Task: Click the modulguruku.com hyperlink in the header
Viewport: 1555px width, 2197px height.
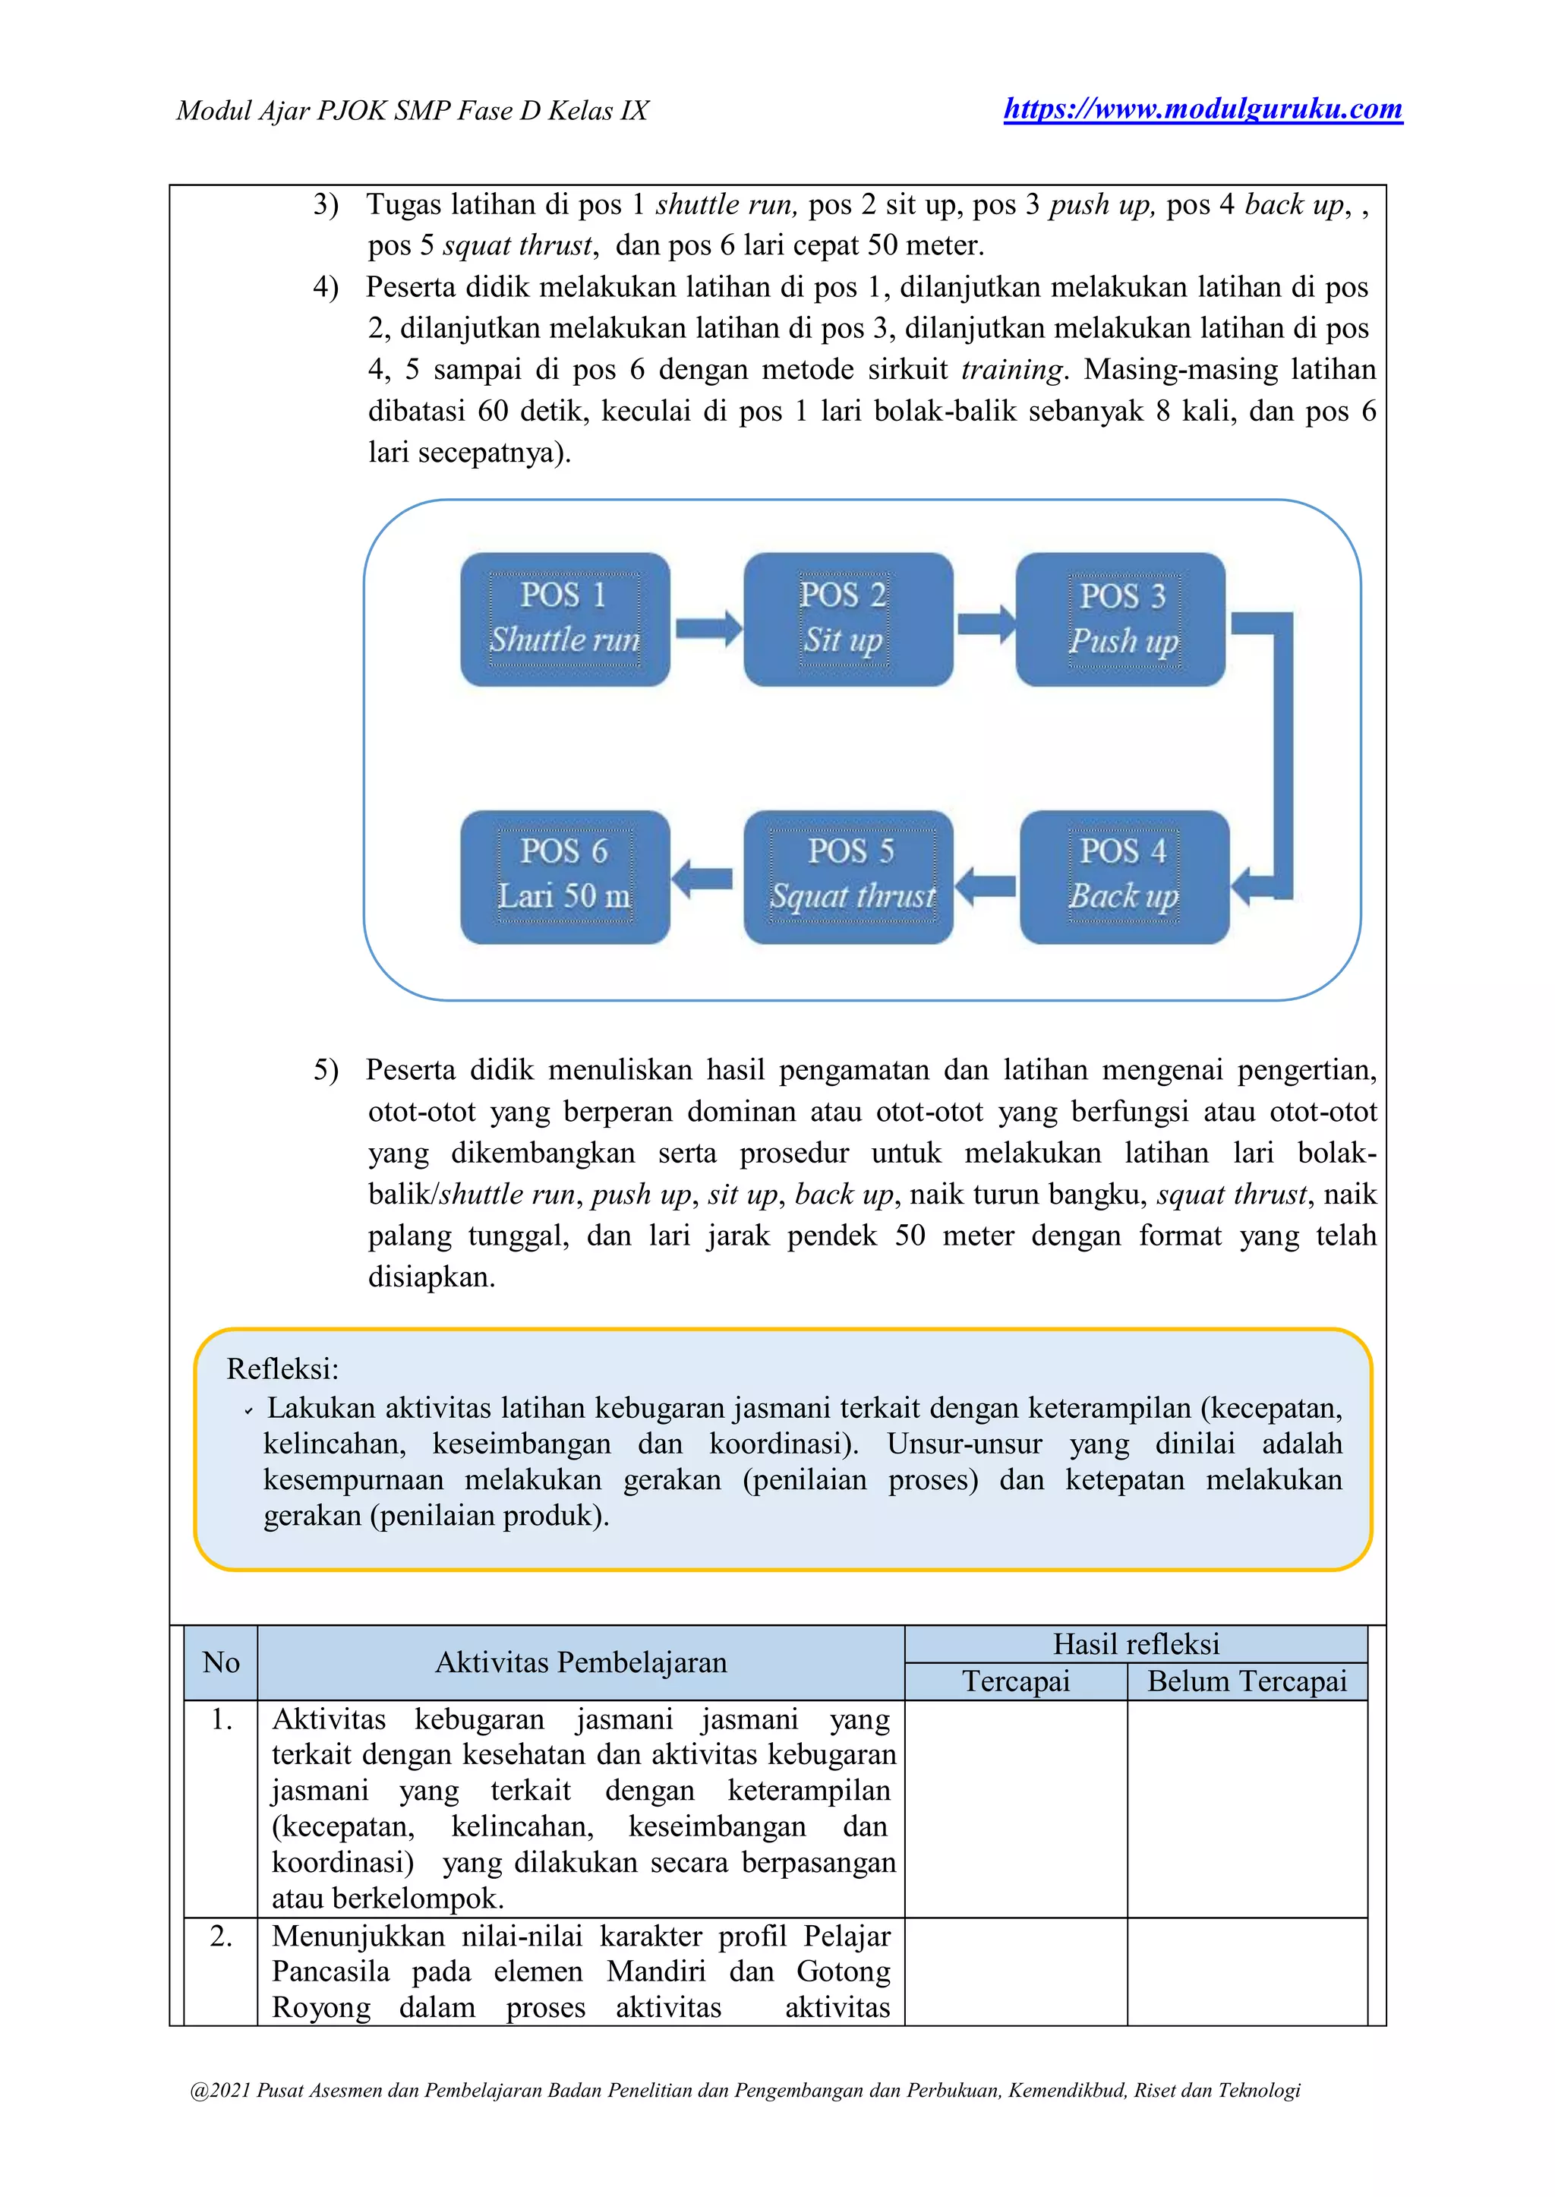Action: coord(1203,109)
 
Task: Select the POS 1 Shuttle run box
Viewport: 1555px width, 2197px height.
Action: coord(565,619)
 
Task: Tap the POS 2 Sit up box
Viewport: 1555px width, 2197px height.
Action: coord(847,619)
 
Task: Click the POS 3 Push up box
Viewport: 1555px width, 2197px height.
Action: coord(1120,619)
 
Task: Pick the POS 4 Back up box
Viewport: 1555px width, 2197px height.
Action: coord(1124,876)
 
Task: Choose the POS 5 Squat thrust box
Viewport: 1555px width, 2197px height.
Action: coord(848,876)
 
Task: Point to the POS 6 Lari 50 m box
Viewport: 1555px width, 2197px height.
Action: coord(565,876)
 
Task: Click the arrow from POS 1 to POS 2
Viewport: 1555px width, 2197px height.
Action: coord(708,628)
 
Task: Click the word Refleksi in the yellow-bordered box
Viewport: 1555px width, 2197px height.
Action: coord(282,1368)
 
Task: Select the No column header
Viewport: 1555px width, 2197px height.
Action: coord(221,1662)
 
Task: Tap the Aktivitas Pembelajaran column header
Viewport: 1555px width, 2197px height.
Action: coord(580,1662)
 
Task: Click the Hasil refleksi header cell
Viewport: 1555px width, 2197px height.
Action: coord(1136,1644)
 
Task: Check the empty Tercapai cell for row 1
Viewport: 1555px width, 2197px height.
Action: coord(1015,1808)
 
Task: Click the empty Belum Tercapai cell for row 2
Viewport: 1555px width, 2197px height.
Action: coord(1247,1971)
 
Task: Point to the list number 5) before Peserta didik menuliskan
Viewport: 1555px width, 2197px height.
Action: coord(326,1070)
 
